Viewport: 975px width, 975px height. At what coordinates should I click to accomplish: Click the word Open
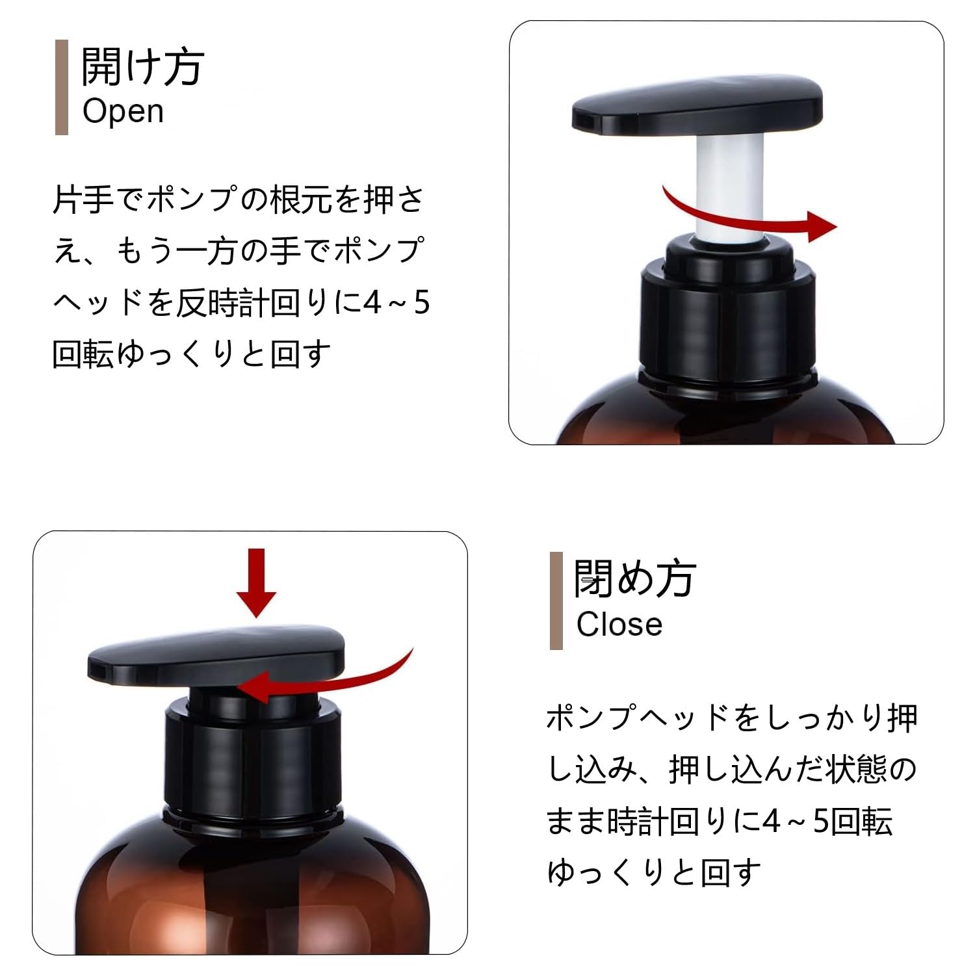click(123, 111)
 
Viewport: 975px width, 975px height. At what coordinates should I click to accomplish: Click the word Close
click(619, 625)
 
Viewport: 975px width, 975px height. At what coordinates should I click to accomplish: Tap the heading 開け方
click(142, 66)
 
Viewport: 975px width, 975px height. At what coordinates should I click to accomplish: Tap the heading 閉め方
click(634, 578)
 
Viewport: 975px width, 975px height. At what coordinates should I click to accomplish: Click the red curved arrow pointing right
click(754, 218)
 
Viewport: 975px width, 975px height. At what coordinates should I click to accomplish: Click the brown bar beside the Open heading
click(62, 87)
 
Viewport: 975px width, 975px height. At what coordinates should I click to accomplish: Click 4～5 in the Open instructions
click(396, 304)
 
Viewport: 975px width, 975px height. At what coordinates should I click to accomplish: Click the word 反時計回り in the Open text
click(253, 304)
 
